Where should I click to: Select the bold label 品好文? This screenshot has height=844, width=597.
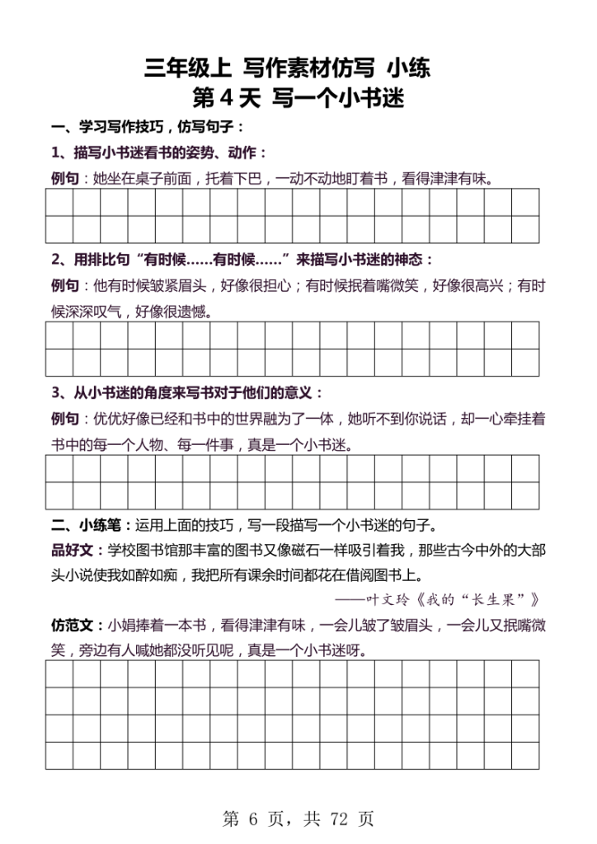71,551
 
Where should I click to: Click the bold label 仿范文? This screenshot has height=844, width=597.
71,625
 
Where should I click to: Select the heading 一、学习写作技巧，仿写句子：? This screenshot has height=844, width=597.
148,128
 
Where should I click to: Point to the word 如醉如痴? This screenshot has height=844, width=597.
157,575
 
